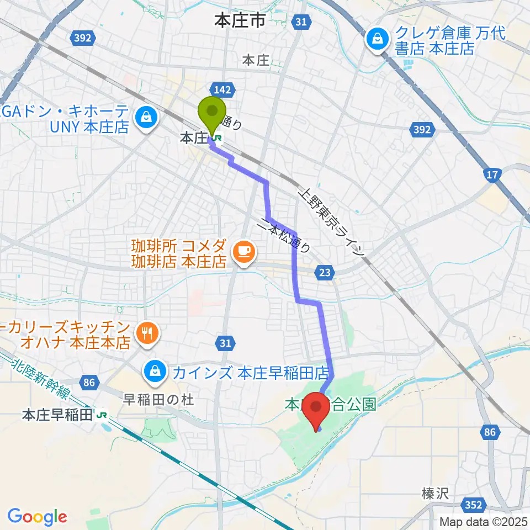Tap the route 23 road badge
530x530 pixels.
pyautogui.click(x=325, y=271)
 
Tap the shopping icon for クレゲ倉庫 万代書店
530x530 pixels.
pyautogui.click(x=377, y=40)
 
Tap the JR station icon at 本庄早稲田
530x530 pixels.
pyautogui.click(x=101, y=415)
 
